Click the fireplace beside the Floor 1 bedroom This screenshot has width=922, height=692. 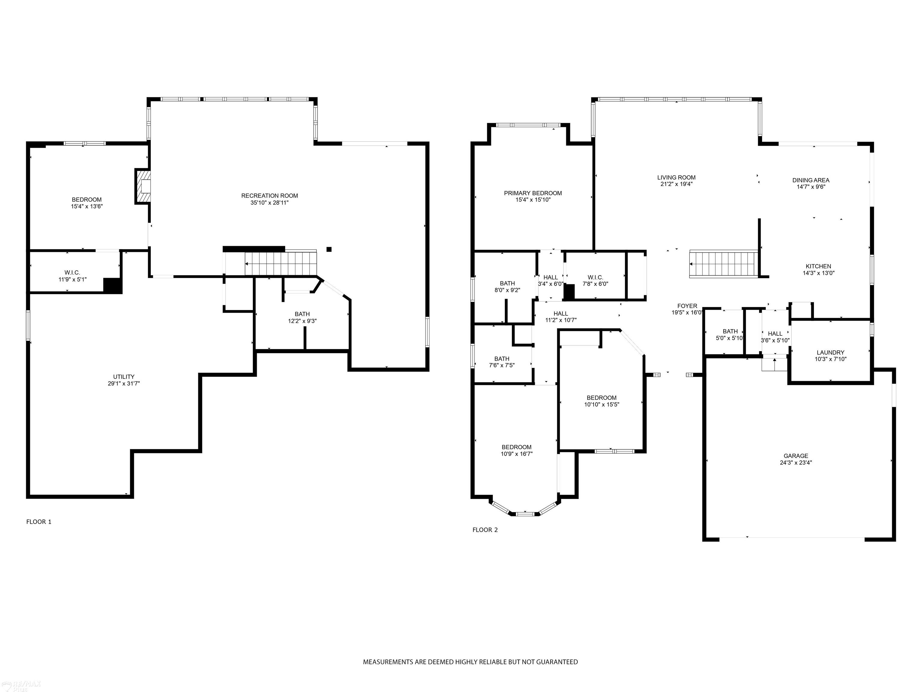click(x=143, y=187)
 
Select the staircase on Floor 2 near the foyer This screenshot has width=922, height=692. click(x=724, y=264)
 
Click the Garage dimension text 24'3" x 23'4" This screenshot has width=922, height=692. click(x=796, y=463)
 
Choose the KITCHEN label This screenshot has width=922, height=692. click(x=818, y=266)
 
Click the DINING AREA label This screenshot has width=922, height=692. click(x=811, y=180)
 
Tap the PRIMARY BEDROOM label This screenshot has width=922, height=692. click(x=533, y=193)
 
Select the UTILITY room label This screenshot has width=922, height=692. click(x=124, y=377)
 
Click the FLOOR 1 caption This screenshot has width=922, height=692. click(x=39, y=522)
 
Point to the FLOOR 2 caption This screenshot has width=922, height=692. click(x=485, y=530)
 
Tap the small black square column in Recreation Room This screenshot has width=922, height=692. click(x=329, y=249)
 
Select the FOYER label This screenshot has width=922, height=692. click(x=687, y=306)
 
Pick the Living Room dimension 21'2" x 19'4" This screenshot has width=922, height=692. click(x=676, y=184)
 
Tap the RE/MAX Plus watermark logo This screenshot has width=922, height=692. click(x=22, y=686)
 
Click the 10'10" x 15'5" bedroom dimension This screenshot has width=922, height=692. click(x=601, y=404)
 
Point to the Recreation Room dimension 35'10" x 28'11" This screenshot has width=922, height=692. click(x=269, y=203)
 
